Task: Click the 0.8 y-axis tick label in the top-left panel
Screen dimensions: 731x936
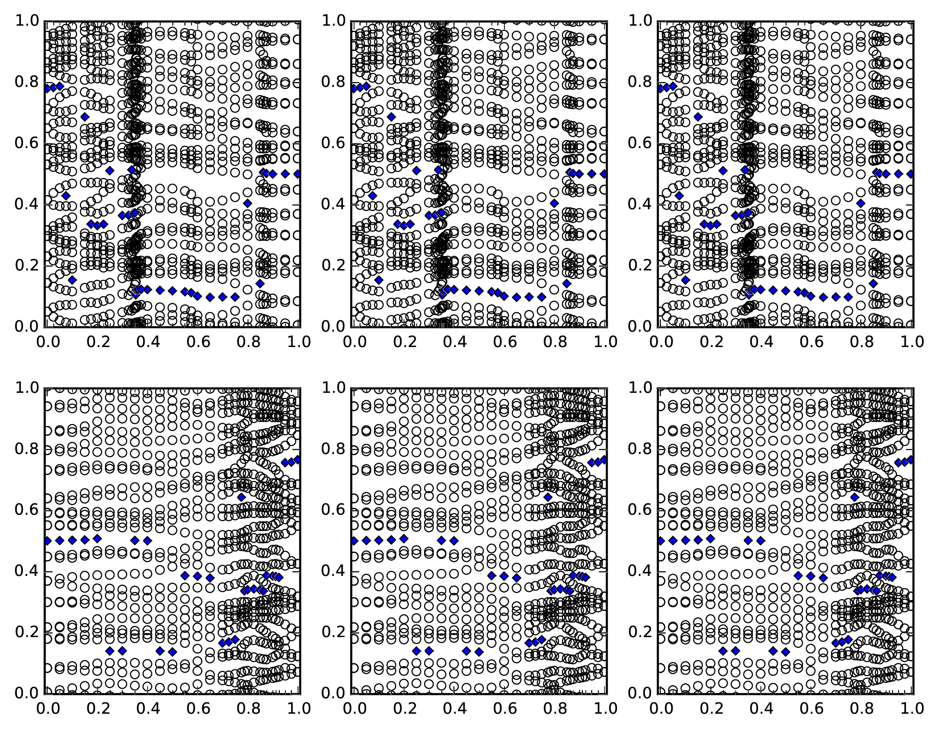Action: point(27,82)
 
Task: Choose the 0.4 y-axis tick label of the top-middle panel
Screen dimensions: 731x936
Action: point(333,204)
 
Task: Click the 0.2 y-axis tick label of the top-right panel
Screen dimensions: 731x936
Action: point(640,265)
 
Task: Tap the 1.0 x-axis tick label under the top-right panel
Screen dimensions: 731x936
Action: point(912,342)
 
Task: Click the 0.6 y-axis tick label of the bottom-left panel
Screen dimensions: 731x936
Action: point(27,510)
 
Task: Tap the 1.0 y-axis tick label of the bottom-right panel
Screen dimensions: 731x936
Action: point(640,388)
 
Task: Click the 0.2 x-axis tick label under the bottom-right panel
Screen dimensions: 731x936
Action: point(710,709)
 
